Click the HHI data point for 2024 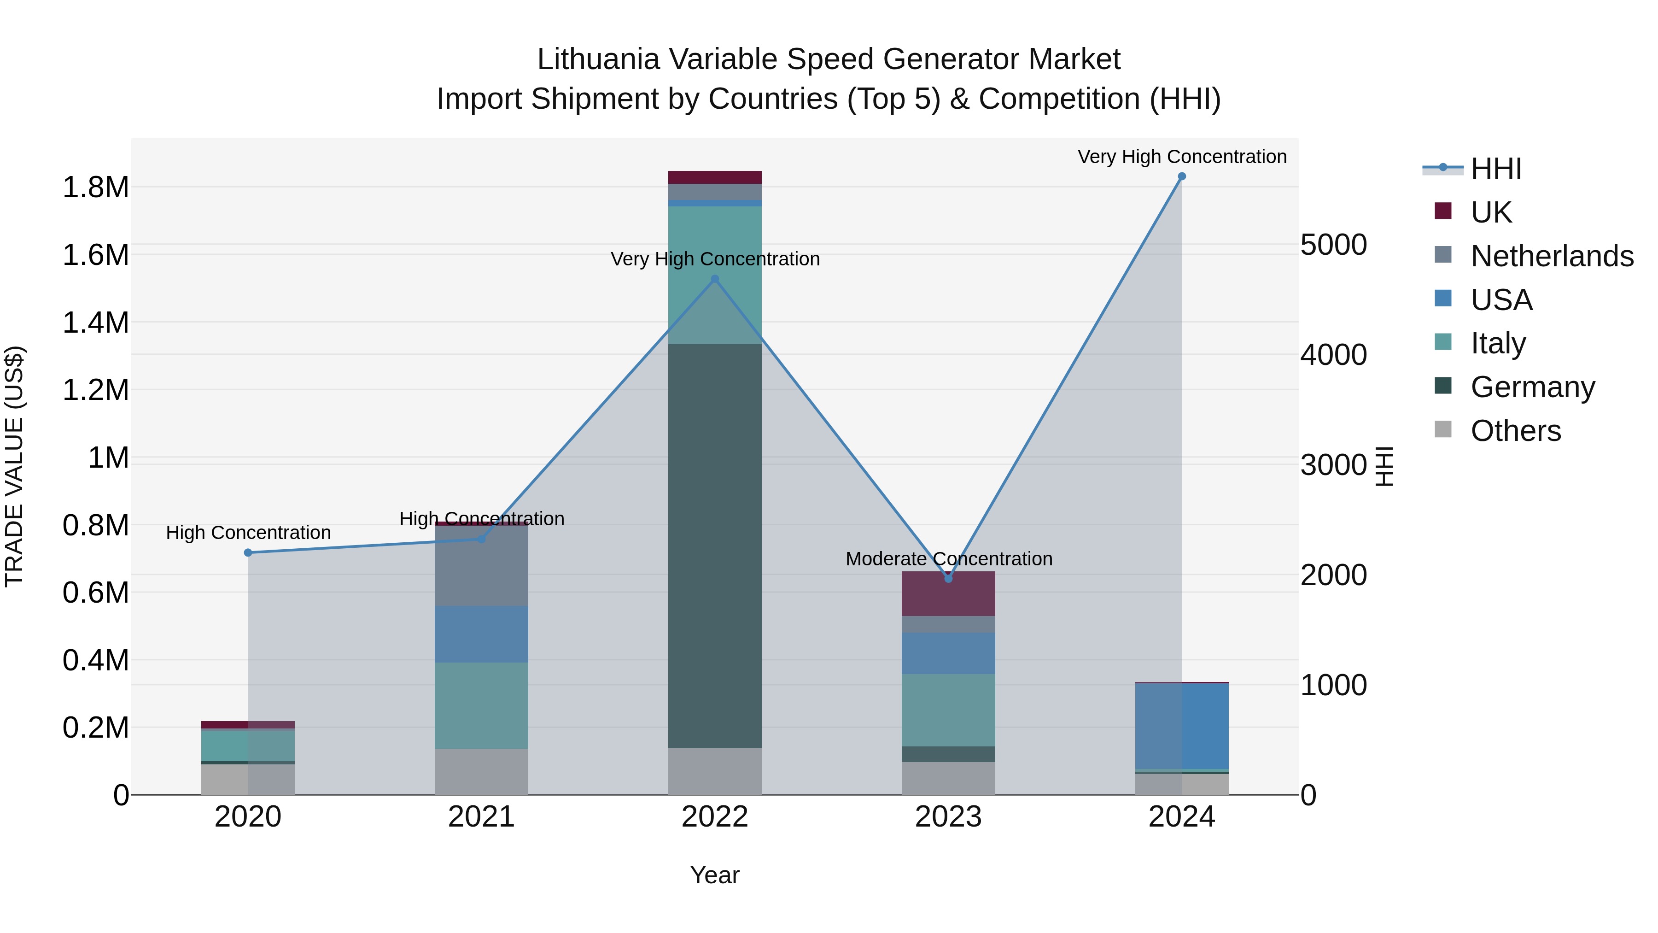point(1182,176)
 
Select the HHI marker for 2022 point(714,279)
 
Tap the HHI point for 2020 point(248,552)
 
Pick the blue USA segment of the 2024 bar point(1182,726)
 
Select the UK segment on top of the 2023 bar point(948,594)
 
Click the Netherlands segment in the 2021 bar point(481,565)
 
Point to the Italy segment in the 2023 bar point(948,710)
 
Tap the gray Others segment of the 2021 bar point(481,771)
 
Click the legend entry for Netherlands point(1551,256)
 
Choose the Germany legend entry point(1532,387)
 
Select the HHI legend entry point(1496,169)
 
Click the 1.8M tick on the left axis point(95,188)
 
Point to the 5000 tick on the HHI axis point(1334,245)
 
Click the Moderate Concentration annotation point(949,558)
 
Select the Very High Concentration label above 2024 point(1182,157)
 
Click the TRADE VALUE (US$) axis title point(15,466)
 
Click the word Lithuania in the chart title point(598,59)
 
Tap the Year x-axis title point(714,875)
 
